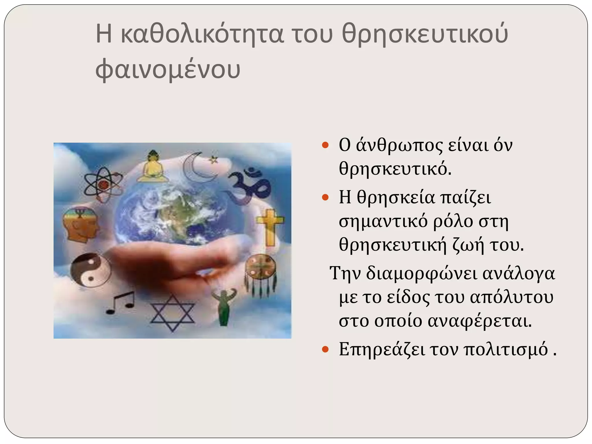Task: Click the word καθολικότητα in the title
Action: click(x=202, y=34)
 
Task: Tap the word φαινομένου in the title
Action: click(x=168, y=70)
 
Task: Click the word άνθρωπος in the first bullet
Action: click(x=399, y=145)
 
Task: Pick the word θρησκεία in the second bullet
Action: click(x=396, y=198)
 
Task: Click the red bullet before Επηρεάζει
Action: click(x=325, y=349)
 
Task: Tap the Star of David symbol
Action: click(x=173, y=313)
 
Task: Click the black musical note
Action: click(x=121, y=302)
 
